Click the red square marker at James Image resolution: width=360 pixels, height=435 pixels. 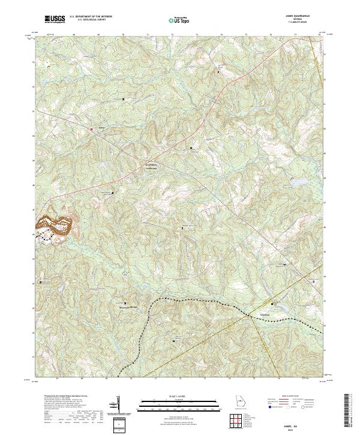(x=91, y=128)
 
